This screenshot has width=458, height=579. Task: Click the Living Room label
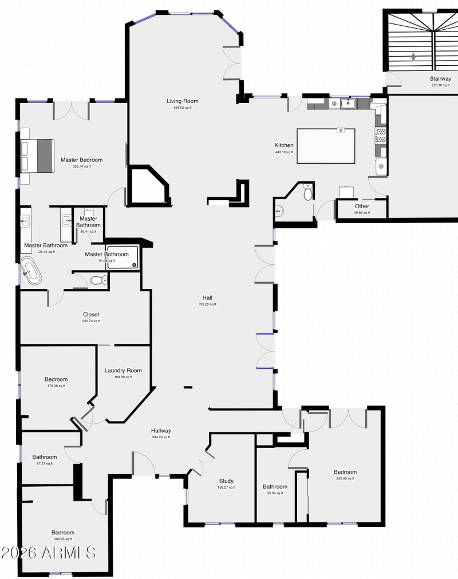pyautogui.click(x=182, y=101)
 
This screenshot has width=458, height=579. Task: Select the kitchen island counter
pyautogui.click(x=326, y=146)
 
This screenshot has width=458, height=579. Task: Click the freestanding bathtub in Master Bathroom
pyautogui.click(x=31, y=271)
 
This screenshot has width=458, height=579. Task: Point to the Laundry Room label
pyautogui.click(x=123, y=370)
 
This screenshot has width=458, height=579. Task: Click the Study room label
pyautogui.click(x=227, y=481)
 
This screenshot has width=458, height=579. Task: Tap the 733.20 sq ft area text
pyautogui.click(x=208, y=304)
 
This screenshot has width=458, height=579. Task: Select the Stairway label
pyautogui.click(x=441, y=79)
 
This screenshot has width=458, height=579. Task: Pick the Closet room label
pyautogui.click(x=91, y=315)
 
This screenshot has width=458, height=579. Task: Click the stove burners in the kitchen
pyautogui.click(x=381, y=135)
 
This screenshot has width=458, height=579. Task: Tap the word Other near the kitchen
pyautogui.click(x=362, y=206)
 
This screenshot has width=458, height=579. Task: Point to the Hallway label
pyautogui.click(x=161, y=431)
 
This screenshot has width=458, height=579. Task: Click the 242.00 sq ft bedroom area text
pyautogui.click(x=345, y=479)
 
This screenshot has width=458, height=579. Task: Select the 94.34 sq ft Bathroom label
pyautogui.click(x=275, y=487)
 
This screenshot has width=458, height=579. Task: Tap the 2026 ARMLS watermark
pyautogui.click(x=49, y=552)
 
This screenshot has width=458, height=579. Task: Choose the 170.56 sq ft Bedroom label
pyautogui.click(x=56, y=379)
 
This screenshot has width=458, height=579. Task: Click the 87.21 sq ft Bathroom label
pyautogui.click(x=44, y=457)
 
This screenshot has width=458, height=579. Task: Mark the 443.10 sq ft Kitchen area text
pyautogui.click(x=284, y=152)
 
